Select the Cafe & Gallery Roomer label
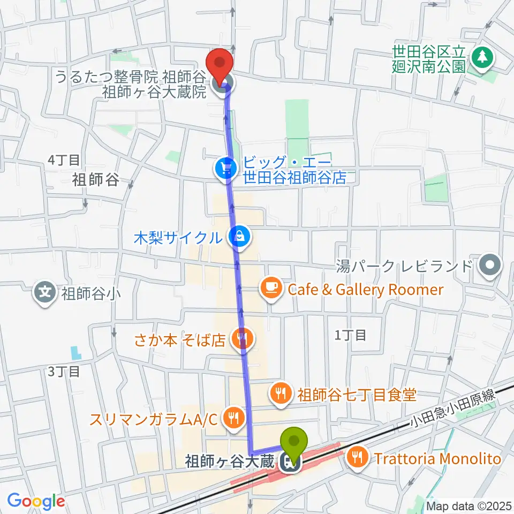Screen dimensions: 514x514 366,290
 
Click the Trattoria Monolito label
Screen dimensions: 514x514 437,458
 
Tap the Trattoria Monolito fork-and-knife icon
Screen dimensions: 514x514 357,458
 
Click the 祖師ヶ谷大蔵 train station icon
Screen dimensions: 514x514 291,462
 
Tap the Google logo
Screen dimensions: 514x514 35,501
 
